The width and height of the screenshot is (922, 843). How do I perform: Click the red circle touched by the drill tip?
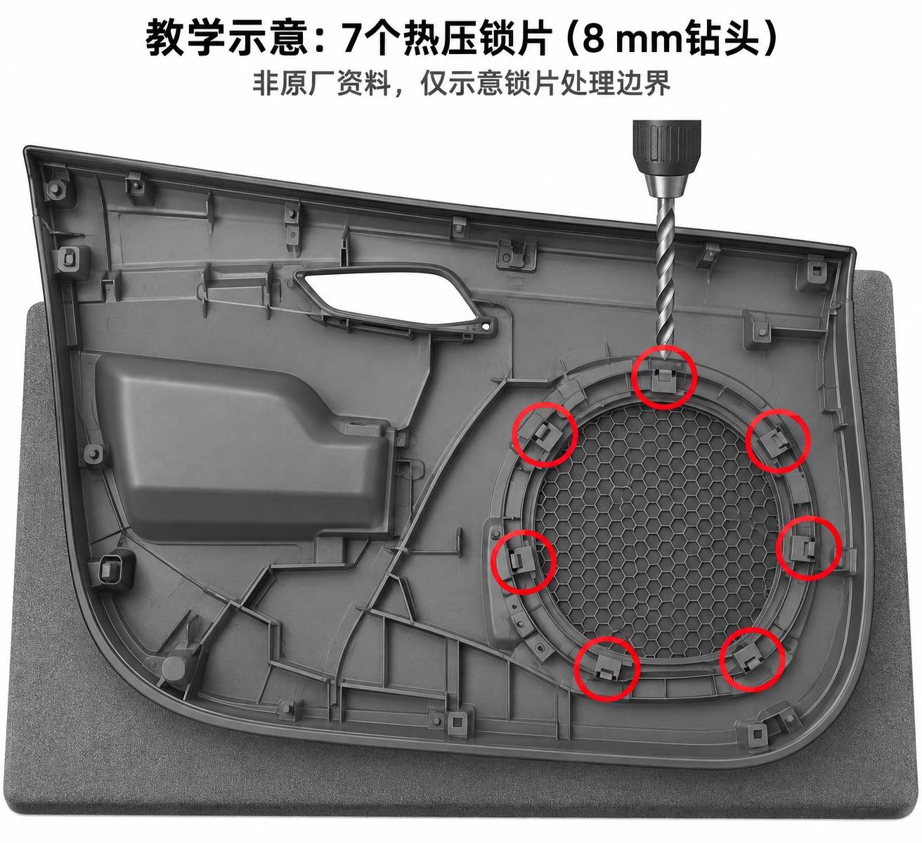(x=664, y=377)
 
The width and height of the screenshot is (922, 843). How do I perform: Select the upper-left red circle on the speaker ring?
(x=545, y=435)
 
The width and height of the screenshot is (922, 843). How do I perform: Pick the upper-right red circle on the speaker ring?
(x=778, y=441)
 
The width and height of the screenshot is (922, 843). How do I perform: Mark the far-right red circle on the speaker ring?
(x=809, y=548)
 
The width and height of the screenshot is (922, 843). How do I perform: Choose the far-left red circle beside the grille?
(x=523, y=562)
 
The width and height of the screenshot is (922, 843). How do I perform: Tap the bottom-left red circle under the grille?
(x=607, y=669)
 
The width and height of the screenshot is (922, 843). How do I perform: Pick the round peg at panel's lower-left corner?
(x=174, y=668)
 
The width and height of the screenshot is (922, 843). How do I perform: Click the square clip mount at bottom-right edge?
(x=756, y=732)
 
